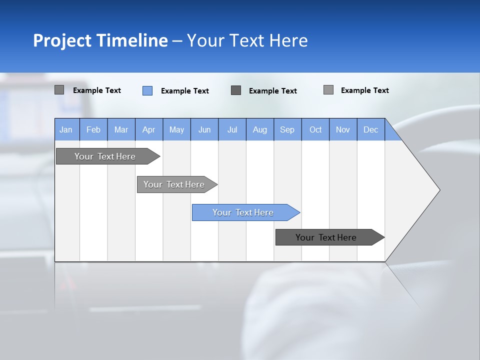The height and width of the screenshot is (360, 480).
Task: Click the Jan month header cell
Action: point(66,129)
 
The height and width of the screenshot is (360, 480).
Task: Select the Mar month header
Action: point(121,129)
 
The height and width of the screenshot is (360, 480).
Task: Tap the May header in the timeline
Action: point(176,129)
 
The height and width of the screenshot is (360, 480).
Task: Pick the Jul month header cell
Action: point(232,129)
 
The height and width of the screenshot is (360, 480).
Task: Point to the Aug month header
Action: point(260,129)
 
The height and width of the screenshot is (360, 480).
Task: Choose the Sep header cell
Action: point(287,129)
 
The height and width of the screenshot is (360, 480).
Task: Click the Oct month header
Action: point(315,129)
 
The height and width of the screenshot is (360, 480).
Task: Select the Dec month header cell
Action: point(371,129)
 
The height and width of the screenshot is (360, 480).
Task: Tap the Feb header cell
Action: point(93,129)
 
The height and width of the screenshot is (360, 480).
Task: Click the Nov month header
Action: point(343,129)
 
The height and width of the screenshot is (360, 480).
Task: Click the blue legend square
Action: point(147,90)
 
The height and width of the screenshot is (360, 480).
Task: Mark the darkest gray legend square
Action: point(236,90)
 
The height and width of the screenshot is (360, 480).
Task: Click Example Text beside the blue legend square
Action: point(185,91)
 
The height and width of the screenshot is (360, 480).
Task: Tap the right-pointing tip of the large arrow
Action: point(438,189)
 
